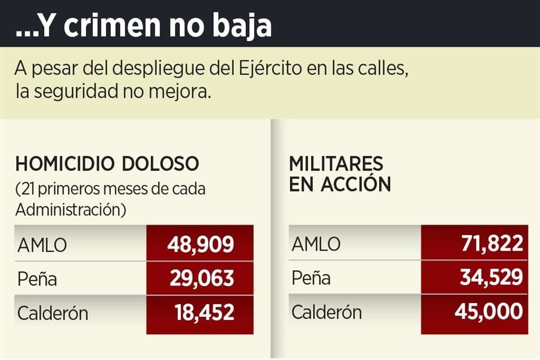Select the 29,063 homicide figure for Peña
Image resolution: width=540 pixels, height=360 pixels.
pos(200,278)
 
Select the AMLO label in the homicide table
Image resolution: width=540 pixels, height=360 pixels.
pos(42,245)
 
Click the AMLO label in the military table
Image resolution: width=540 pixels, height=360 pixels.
pos(316,245)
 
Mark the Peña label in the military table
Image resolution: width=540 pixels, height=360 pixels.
pos(311,278)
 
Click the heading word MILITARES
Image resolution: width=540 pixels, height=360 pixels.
pos(336,164)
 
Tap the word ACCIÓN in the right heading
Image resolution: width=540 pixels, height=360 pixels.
pos(355,184)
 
